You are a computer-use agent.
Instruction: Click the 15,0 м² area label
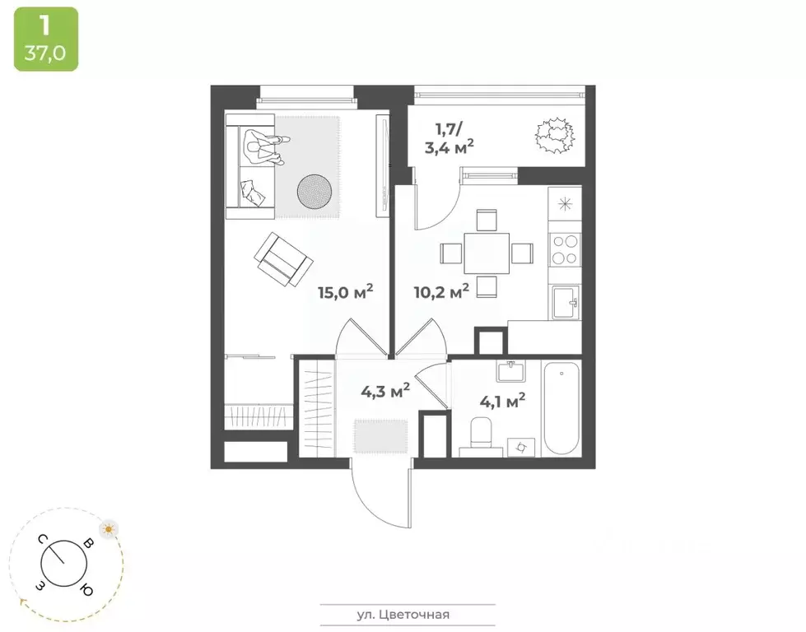point(346,292)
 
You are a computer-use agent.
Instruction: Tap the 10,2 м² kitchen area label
point(440,290)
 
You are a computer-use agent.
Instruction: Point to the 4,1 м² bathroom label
point(502,402)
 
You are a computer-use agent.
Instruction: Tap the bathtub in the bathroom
point(561,408)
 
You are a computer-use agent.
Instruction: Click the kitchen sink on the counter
point(566,302)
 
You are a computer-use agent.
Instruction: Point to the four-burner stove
point(566,249)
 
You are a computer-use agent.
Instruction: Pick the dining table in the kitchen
point(487,252)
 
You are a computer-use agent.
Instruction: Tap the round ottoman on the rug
point(314,192)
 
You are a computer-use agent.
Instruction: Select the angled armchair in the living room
point(283,258)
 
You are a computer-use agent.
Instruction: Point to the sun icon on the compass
point(108,527)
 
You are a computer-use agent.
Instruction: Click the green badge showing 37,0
point(46,39)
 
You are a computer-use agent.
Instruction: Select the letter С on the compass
point(40,539)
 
